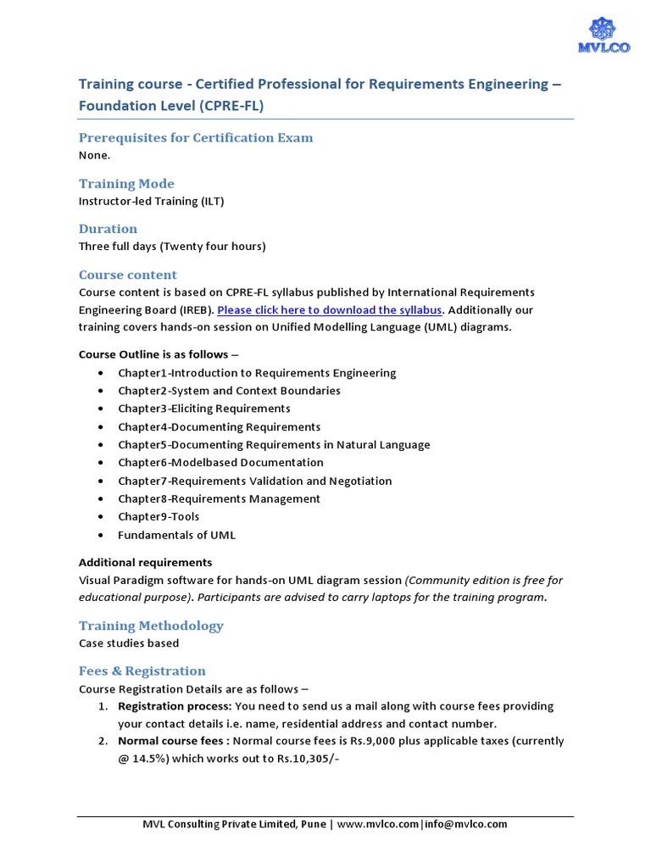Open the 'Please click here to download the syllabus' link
point(331,310)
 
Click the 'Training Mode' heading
point(126,184)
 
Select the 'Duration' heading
point(108,229)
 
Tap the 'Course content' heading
point(128,275)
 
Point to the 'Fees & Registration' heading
point(142,670)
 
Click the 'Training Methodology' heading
point(151,626)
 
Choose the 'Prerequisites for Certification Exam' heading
point(196,138)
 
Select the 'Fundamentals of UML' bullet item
point(176,535)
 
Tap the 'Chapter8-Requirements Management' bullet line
point(219,499)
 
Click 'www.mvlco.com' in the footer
point(377,824)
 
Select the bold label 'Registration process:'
point(174,706)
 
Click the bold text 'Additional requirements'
point(145,563)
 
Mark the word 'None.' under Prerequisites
point(94,155)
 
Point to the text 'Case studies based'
point(129,643)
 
